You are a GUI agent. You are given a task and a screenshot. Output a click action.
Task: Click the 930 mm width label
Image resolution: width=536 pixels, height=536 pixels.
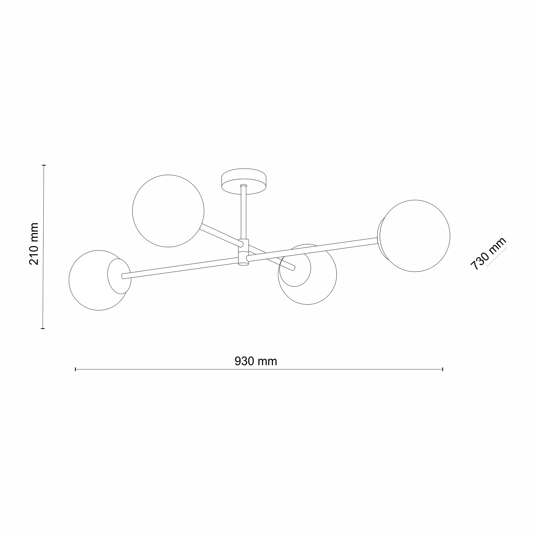pos(256,361)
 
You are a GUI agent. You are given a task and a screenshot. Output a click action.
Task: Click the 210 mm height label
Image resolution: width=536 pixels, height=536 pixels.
pos(34,244)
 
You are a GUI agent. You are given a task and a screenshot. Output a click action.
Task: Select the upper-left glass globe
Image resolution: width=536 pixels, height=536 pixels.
pos(168,211)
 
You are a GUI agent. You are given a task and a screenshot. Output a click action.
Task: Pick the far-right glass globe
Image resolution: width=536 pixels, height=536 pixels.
pos(415,236)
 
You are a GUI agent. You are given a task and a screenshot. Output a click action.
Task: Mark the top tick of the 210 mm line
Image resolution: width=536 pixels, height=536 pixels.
pos(44,165)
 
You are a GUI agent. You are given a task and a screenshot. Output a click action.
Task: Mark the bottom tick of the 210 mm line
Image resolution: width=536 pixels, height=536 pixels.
pos(42,328)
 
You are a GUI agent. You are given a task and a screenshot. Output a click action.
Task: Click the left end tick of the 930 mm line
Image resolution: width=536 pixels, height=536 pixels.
pos(75,369)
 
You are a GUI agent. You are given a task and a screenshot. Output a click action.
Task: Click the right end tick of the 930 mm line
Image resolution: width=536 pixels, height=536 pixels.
pos(443,369)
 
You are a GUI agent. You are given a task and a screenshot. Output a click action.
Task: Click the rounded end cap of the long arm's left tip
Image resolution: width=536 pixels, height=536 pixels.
pos(123,276)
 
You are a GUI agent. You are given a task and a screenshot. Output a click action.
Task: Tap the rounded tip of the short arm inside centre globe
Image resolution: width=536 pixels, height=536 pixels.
pos(294,268)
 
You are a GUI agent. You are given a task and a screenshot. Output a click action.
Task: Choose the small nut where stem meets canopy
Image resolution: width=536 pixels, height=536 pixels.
pos(243,185)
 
